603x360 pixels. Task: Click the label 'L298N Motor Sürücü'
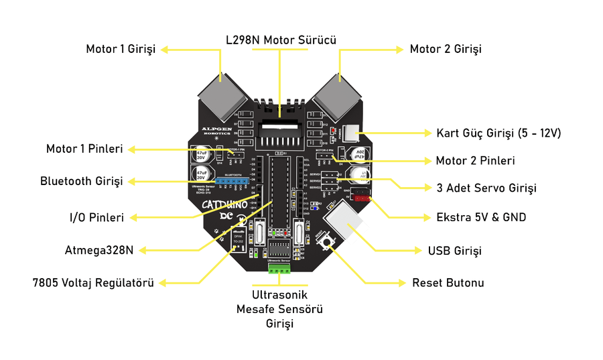(x=280, y=40)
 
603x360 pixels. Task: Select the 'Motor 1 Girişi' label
(x=121, y=49)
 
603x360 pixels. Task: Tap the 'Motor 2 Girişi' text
(x=446, y=49)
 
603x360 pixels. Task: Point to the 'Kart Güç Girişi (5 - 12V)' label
(x=498, y=133)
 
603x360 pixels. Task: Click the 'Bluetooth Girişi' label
(x=82, y=181)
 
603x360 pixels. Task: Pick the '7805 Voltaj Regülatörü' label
(x=93, y=283)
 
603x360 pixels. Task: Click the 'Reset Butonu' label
(x=448, y=283)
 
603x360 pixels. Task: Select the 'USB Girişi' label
(x=455, y=251)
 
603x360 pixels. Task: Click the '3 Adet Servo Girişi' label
(x=486, y=188)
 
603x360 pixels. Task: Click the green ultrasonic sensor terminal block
(x=280, y=268)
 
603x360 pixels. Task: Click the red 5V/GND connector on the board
(x=360, y=198)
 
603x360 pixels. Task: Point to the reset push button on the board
(x=328, y=242)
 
